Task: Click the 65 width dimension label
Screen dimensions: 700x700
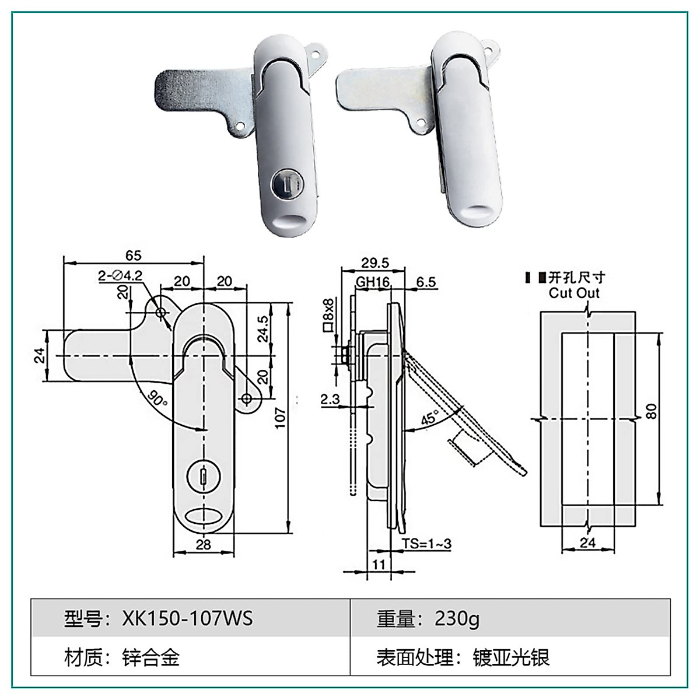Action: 133,256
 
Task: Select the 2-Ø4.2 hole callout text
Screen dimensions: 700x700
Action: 120,275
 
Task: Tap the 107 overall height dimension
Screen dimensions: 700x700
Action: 281,418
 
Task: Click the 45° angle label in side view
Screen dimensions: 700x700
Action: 430,418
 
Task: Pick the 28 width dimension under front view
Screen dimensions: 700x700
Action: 203,545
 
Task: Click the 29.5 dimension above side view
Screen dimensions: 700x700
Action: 374,263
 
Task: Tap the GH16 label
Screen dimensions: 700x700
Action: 373,282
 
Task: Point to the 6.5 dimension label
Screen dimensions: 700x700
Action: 426,282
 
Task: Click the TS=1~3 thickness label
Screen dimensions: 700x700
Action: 426,544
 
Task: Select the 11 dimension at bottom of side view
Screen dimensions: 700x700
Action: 379,565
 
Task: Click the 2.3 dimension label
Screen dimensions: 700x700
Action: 330,399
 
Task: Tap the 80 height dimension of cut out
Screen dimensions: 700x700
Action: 652,411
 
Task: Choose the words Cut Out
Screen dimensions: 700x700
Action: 574,293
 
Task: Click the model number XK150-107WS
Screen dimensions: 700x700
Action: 187,618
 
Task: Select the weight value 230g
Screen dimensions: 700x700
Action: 457,618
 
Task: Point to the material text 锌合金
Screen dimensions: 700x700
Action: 150,658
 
